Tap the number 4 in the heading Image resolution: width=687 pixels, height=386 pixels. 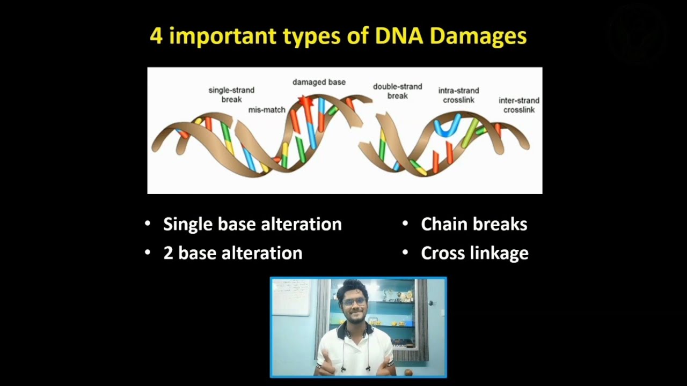click(156, 36)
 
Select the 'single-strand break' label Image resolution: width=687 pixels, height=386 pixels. click(231, 95)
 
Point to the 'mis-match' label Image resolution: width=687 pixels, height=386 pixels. click(267, 110)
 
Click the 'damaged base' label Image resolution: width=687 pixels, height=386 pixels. click(319, 82)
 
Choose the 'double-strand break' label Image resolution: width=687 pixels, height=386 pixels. click(398, 91)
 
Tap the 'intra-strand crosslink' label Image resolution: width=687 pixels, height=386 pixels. click(458, 95)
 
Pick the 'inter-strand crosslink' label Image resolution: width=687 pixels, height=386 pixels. click(519, 105)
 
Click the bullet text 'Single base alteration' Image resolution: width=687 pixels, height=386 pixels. click(252, 224)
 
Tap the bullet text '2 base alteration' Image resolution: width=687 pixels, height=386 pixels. click(232, 253)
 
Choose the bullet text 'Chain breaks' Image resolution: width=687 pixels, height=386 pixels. click(474, 224)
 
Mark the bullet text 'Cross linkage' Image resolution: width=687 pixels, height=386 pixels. click(474, 253)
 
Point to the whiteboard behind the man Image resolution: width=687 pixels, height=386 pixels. click(292, 297)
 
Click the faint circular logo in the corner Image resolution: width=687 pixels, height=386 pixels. click(637, 35)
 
